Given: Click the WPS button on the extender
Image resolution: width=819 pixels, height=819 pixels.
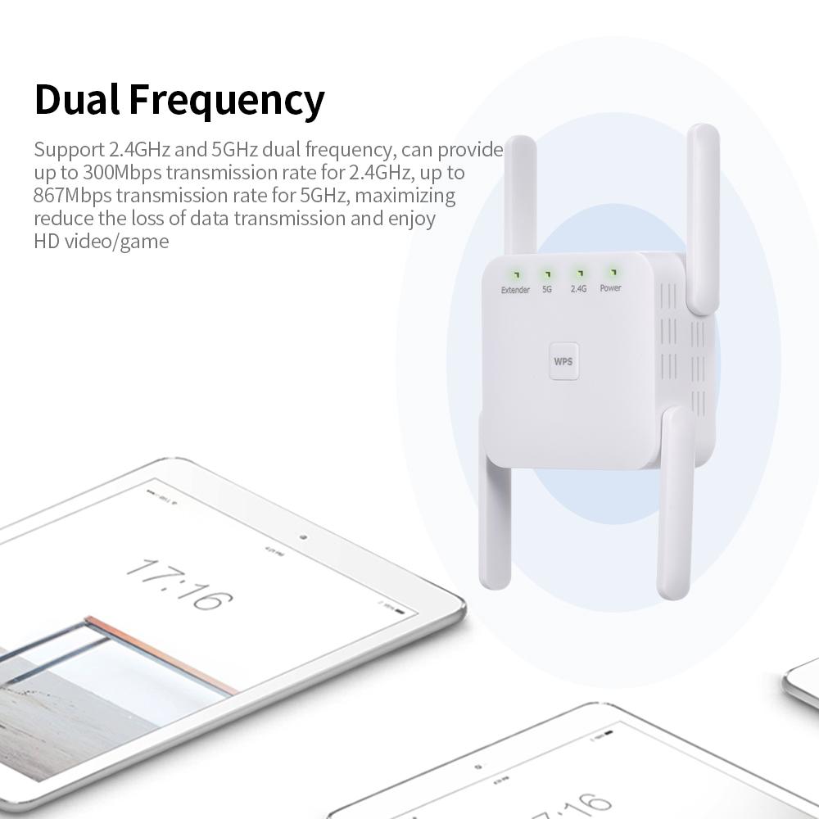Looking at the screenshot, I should [562, 360].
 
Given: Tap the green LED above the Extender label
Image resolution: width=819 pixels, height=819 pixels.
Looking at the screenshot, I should [517, 274].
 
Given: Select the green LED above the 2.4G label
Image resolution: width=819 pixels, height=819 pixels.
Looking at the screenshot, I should [579, 273].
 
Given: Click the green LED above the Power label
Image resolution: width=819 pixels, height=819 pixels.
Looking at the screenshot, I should [611, 271].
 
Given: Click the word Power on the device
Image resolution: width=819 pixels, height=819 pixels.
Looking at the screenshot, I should [610, 288].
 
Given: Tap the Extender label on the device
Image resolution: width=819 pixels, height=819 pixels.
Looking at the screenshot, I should [515, 290].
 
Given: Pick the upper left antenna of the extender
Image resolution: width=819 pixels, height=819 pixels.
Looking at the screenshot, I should [520, 197].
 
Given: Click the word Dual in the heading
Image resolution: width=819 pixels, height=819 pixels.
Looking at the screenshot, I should [77, 100].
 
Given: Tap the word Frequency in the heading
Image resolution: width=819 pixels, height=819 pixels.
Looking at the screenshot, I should [227, 102].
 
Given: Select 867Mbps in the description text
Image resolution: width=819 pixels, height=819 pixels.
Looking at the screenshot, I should [72, 196].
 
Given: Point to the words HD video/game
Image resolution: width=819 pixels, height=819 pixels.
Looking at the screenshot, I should [101, 242].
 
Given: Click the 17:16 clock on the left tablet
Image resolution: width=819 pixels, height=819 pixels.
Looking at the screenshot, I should [179, 583].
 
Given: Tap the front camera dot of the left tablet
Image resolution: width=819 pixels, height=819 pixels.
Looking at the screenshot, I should [304, 537].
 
